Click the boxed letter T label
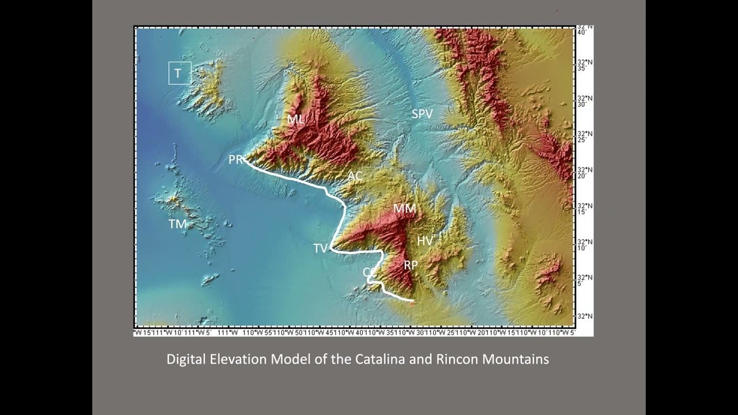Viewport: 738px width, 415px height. click(x=179, y=73)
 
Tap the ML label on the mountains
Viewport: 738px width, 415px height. click(x=296, y=119)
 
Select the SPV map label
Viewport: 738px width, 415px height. click(x=422, y=114)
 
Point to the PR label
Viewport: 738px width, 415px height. click(x=235, y=160)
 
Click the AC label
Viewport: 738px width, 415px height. click(x=355, y=176)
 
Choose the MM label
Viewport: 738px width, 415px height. click(x=404, y=208)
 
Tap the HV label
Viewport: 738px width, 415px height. click(x=425, y=241)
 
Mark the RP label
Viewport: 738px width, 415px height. click(x=411, y=265)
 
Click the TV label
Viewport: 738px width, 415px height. click(x=320, y=248)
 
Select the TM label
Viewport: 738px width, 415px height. click(x=178, y=224)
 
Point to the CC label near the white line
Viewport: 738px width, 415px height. click(x=369, y=271)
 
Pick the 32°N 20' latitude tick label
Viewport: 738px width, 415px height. click(x=585, y=172)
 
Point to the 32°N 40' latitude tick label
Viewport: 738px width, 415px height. click(x=585, y=29)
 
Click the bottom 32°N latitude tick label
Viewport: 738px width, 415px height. click(x=585, y=316)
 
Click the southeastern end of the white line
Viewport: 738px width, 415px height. click(x=413, y=300)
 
